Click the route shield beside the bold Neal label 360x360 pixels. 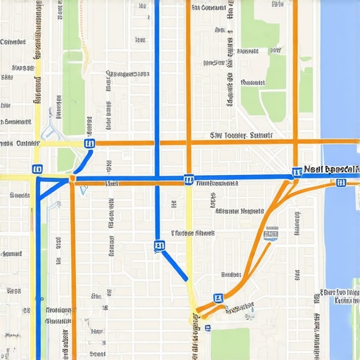pyautogui.click(x=297, y=171)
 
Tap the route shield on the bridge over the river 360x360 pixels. pyautogui.click(x=340, y=184)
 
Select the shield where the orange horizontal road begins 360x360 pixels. pyautogui.click(x=89, y=143)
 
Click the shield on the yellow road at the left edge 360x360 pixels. pyautogui.click(x=37, y=169)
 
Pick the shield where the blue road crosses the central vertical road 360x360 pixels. pyautogui.click(x=188, y=180)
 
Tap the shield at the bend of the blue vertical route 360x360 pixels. pyautogui.click(x=159, y=246)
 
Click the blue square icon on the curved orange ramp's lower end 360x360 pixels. pyautogui.click(x=218, y=299)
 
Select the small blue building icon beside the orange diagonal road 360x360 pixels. pyautogui.click(x=270, y=236)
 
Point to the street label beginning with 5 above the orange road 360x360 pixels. pyautogui.click(x=241, y=134)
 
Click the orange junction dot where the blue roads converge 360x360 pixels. pyautogui.click(x=72, y=181)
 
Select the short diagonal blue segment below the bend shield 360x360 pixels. pyautogui.click(x=175, y=266)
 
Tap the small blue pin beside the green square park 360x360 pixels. pyautogui.click(x=207, y=327)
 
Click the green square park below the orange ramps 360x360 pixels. pyautogui.click(x=229, y=344)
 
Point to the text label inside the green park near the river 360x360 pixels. pyautogui.click(x=253, y=83)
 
